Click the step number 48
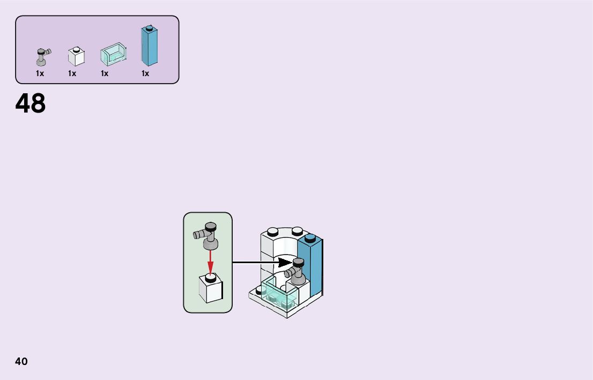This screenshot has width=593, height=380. point(31,104)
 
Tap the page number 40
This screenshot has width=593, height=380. point(21,361)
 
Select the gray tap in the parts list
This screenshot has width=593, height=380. point(42,57)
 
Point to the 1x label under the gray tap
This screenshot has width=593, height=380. point(40,73)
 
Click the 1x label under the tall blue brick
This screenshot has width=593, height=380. point(145,73)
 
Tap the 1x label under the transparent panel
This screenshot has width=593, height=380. point(105,73)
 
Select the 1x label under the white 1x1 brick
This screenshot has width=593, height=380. point(72,73)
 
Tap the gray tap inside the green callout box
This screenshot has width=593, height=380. point(208,235)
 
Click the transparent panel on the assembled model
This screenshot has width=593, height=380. point(280,295)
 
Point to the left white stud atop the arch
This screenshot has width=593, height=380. point(272,232)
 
